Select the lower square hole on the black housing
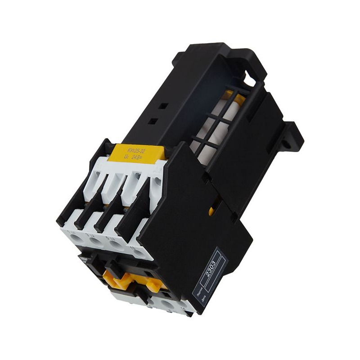[154, 121]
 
